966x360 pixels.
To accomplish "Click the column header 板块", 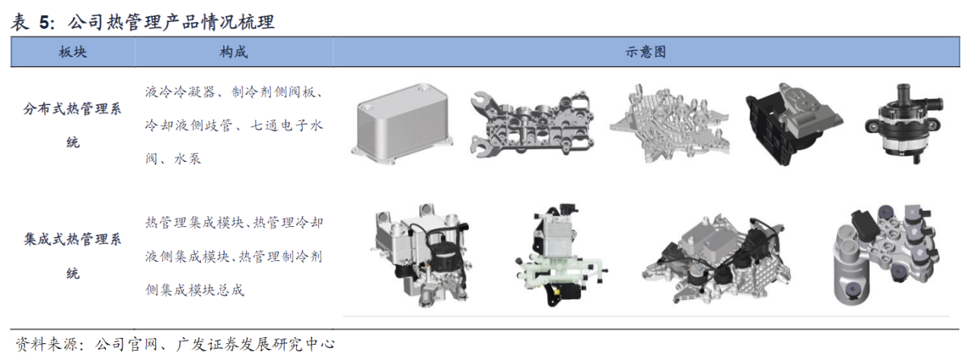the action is tap(73, 53).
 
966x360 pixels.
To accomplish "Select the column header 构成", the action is tap(234, 53).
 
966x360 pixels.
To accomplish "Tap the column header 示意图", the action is tap(646, 53).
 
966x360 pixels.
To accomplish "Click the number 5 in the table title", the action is tap(44, 22).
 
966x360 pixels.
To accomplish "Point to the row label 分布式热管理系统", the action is tap(72, 126).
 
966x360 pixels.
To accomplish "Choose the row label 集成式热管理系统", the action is tap(72, 256).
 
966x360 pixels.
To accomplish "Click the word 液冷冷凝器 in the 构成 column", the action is tap(180, 92).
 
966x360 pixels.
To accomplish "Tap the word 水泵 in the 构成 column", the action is tap(187, 158).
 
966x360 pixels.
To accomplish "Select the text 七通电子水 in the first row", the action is tap(287, 126).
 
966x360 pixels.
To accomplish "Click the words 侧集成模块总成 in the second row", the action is tap(195, 290).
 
